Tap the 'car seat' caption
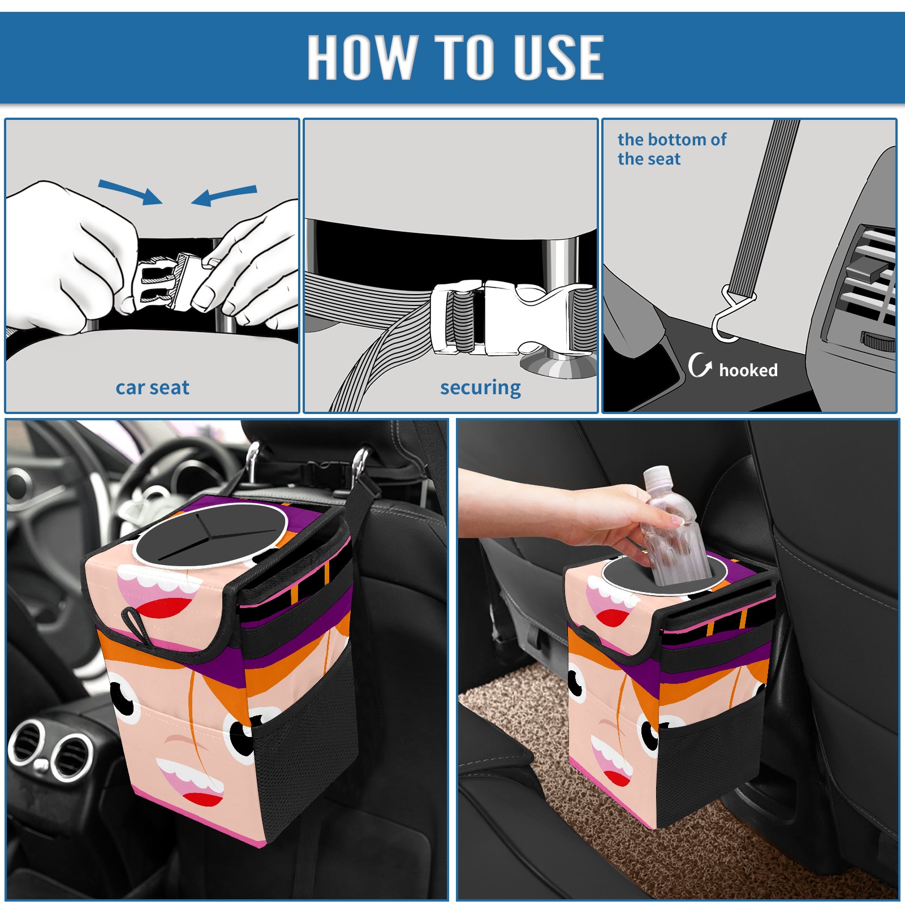click(x=152, y=388)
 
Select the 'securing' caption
click(x=480, y=388)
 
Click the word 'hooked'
click(x=748, y=370)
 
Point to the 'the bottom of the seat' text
click(x=671, y=149)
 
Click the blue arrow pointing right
click(x=130, y=192)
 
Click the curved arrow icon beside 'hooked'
click(x=699, y=365)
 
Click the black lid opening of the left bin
click(x=210, y=535)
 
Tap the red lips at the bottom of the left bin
click(x=202, y=799)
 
